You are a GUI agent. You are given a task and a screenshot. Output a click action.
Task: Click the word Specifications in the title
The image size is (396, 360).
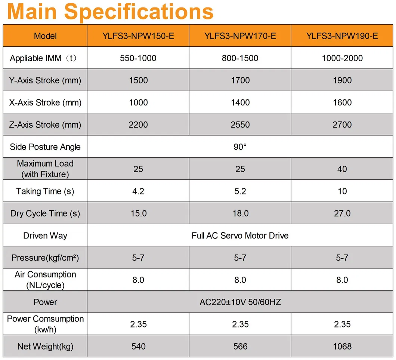point(139,12)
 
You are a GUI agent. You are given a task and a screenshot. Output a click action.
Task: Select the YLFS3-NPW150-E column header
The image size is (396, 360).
point(138,36)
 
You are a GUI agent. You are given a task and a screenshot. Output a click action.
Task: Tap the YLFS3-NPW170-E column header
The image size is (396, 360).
point(240,36)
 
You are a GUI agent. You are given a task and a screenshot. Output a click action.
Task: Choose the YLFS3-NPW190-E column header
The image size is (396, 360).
point(342,36)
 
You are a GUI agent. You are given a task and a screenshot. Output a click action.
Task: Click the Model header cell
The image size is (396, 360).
point(45,36)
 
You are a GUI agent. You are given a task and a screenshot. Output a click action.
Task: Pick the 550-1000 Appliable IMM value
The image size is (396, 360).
point(138,58)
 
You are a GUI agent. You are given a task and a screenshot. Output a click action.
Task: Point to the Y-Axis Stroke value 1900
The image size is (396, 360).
point(342,80)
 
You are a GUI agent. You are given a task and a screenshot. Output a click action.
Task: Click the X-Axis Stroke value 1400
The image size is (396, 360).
point(240,102)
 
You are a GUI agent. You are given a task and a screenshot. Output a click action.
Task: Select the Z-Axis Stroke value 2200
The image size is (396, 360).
point(138,125)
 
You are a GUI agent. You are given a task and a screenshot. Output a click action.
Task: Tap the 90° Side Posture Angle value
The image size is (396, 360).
point(240,147)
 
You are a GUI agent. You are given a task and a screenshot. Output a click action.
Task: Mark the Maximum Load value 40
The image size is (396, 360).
point(342,169)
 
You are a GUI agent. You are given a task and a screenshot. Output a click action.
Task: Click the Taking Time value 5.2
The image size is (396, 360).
point(240,191)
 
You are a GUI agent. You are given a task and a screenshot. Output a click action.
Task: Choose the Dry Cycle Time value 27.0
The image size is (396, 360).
point(342,213)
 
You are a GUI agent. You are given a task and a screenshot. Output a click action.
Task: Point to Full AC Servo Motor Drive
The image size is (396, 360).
point(240,236)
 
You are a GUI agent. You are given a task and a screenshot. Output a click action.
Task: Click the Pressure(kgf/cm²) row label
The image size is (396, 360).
point(45,258)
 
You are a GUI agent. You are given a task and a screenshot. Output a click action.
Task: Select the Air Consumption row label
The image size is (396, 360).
point(45,280)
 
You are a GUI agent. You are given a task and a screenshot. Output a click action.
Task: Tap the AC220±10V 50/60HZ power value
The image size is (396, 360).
point(240,302)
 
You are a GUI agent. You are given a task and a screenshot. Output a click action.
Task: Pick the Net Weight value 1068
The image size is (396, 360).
point(342,347)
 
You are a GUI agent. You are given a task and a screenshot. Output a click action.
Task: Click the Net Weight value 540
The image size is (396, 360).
point(138,347)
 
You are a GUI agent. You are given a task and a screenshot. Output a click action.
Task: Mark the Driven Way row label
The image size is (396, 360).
point(45,236)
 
